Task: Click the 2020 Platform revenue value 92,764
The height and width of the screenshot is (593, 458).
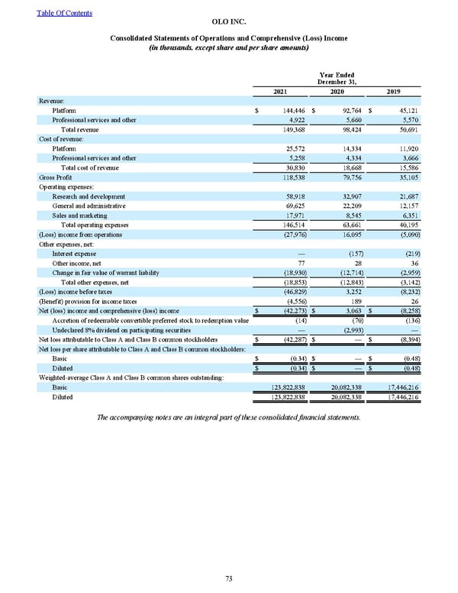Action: pyautogui.click(x=348, y=111)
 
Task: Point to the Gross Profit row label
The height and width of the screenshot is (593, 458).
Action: pyautogui.click(x=53, y=177)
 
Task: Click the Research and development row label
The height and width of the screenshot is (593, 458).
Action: pyautogui.click(x=88, y=196)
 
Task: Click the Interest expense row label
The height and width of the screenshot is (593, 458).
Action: pyautogui.click(x=74, y=254)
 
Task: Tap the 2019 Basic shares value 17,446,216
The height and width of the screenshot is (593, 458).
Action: pyautogui.click(x=401, y=388)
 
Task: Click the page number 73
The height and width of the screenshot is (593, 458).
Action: pyautogui.click(x=228, y=578)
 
